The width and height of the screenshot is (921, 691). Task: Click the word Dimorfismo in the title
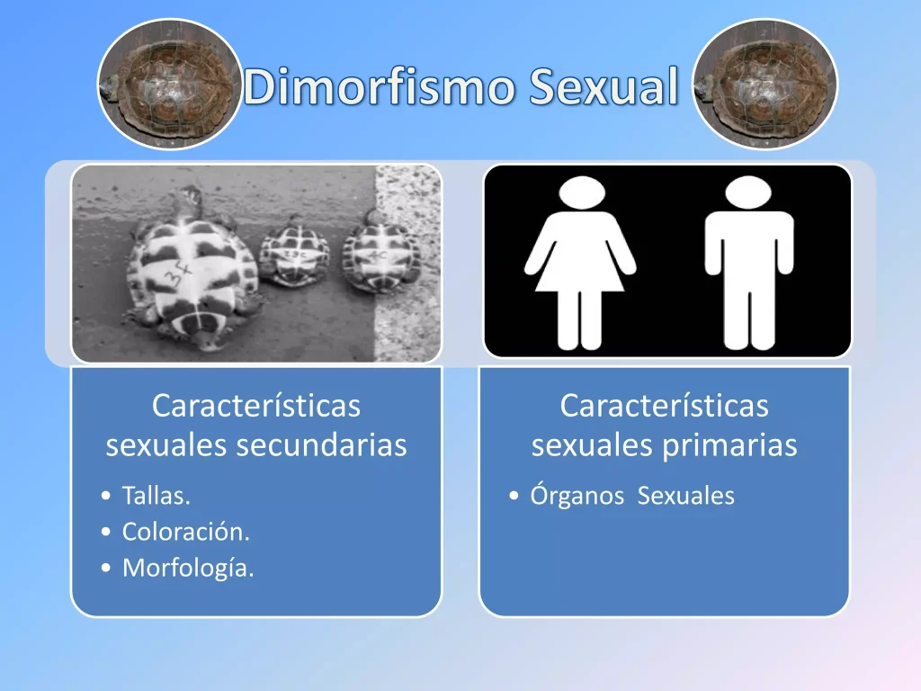click(x=379, y=86)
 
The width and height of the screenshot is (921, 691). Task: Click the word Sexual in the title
click(x=604, y=86)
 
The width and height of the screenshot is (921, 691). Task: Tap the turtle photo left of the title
click(x=170, y=84)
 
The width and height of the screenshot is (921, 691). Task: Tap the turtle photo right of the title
click(x=765, y=84)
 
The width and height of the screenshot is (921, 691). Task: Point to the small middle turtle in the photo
click(x=295, y=252)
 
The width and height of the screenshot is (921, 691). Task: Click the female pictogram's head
click(x=582, y=193)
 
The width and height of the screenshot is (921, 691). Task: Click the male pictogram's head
click(x=748, y=193)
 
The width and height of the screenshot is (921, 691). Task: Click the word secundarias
click(x=321, y=444)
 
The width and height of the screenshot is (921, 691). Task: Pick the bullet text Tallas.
click(x=156, y=496)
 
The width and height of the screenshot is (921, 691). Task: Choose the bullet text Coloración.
click(x=186, y=532)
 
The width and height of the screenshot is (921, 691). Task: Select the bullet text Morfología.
click(x=188, y=569)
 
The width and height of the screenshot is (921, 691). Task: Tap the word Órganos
click(x=577, y=495)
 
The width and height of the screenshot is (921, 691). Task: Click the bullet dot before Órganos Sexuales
click(x=514, y=496)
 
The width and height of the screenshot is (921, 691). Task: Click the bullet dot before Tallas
click(x=106, y=496)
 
